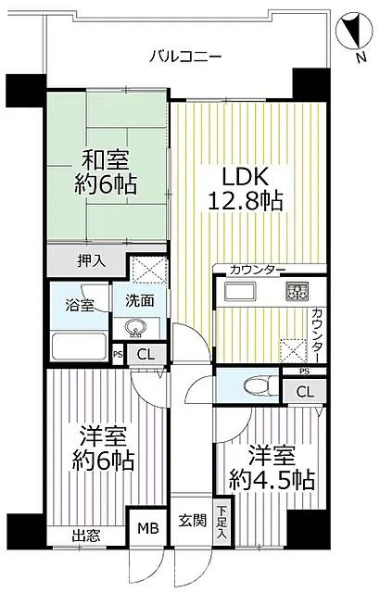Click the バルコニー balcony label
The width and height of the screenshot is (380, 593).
pos(185,56)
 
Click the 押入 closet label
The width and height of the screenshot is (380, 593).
pos(90,261)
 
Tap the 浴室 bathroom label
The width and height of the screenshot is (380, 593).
pos(79,304)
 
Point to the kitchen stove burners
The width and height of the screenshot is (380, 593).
pos(297,294)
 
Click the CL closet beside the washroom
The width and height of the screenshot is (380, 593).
pos(146,354)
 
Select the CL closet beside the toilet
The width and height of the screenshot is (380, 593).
pos(305,392)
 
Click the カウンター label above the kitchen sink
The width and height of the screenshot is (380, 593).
pos(258,270)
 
